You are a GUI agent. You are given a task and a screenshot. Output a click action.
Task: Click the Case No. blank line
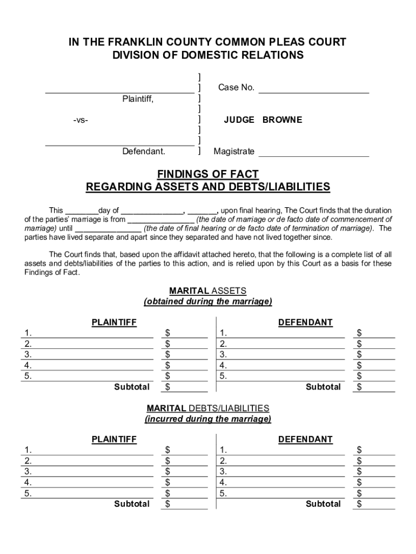pos(313,93)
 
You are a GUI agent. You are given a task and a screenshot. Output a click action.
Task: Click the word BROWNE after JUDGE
pos(282,120)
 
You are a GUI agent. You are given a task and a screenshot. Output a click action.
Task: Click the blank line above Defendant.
pos(119,145)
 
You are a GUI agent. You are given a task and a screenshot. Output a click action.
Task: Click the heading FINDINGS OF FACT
pos(207,174)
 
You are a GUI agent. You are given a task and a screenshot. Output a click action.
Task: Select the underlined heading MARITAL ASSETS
pos(207,291)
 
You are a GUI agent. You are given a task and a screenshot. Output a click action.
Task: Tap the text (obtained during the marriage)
pos(207,301)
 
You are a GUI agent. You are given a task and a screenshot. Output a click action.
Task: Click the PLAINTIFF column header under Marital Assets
pos(114,322)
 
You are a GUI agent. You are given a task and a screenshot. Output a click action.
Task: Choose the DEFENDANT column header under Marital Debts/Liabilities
pos(305,439)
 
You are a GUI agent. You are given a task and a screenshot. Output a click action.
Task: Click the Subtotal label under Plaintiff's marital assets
pos(132,387)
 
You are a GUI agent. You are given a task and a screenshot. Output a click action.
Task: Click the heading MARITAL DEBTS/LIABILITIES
pos(207,408)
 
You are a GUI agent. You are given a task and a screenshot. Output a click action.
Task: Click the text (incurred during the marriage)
pos(207,419)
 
